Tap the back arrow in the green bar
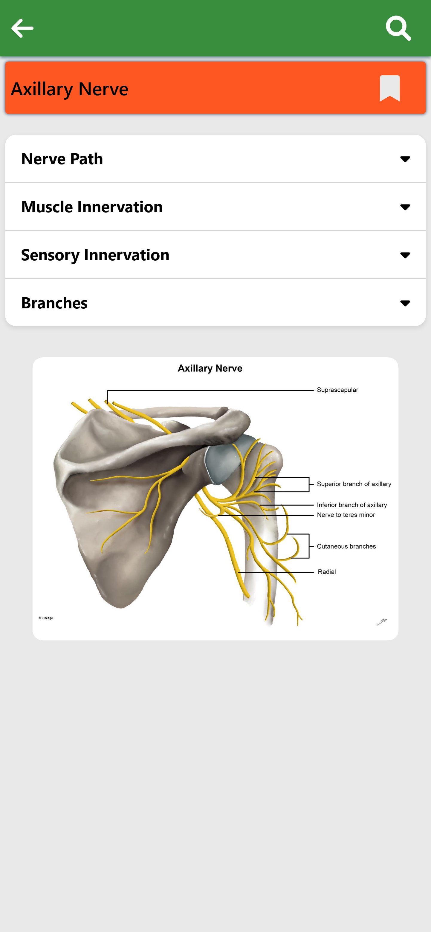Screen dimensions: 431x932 pyautogui.click(x=22, y=28)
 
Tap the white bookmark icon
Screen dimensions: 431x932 pyautogui.click(x=390, y=88)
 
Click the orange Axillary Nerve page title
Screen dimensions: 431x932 pyautogui.click(x=70, y=89)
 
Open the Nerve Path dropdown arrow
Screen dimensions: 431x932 pyautogui.click(x=405, y=159)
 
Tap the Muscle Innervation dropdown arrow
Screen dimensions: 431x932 pyautogui.click(x=405, y=207)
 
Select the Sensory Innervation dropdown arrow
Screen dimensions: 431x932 pyautogui.click(x=405, y=255)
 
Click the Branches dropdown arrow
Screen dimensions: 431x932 pyautogui.click(x=405, y=303)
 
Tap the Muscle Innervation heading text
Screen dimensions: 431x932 pyautogui.click(x=92, y=207)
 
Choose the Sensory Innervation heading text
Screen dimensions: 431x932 pyautogui.click(x=95, y=255)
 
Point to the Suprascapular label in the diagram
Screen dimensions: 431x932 pyautogui.click(x=337, y=390)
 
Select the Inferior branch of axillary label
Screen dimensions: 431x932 pyautogui.click(x=352, y=505)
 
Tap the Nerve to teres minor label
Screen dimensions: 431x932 pyautogui.click(x=346, y=515)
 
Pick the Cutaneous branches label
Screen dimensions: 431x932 pyautogui.click(x=346, y=546)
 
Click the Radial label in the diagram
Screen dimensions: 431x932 pyautogui.click(x=327, y=572)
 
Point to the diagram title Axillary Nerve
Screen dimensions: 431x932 pyautogui.click(x=210, y=368)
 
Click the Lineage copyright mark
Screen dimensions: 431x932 pyautogui.click(x=46, y=618)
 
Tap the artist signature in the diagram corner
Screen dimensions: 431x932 pyautogui.click(x=382, y=622)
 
